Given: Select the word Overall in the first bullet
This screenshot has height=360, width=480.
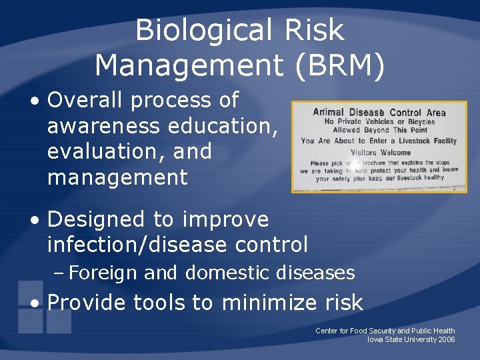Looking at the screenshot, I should [x=86, y=100].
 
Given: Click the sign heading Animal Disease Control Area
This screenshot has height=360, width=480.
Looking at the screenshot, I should [x=379, y=112].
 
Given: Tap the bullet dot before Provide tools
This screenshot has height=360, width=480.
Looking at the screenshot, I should [x=34, y=304].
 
